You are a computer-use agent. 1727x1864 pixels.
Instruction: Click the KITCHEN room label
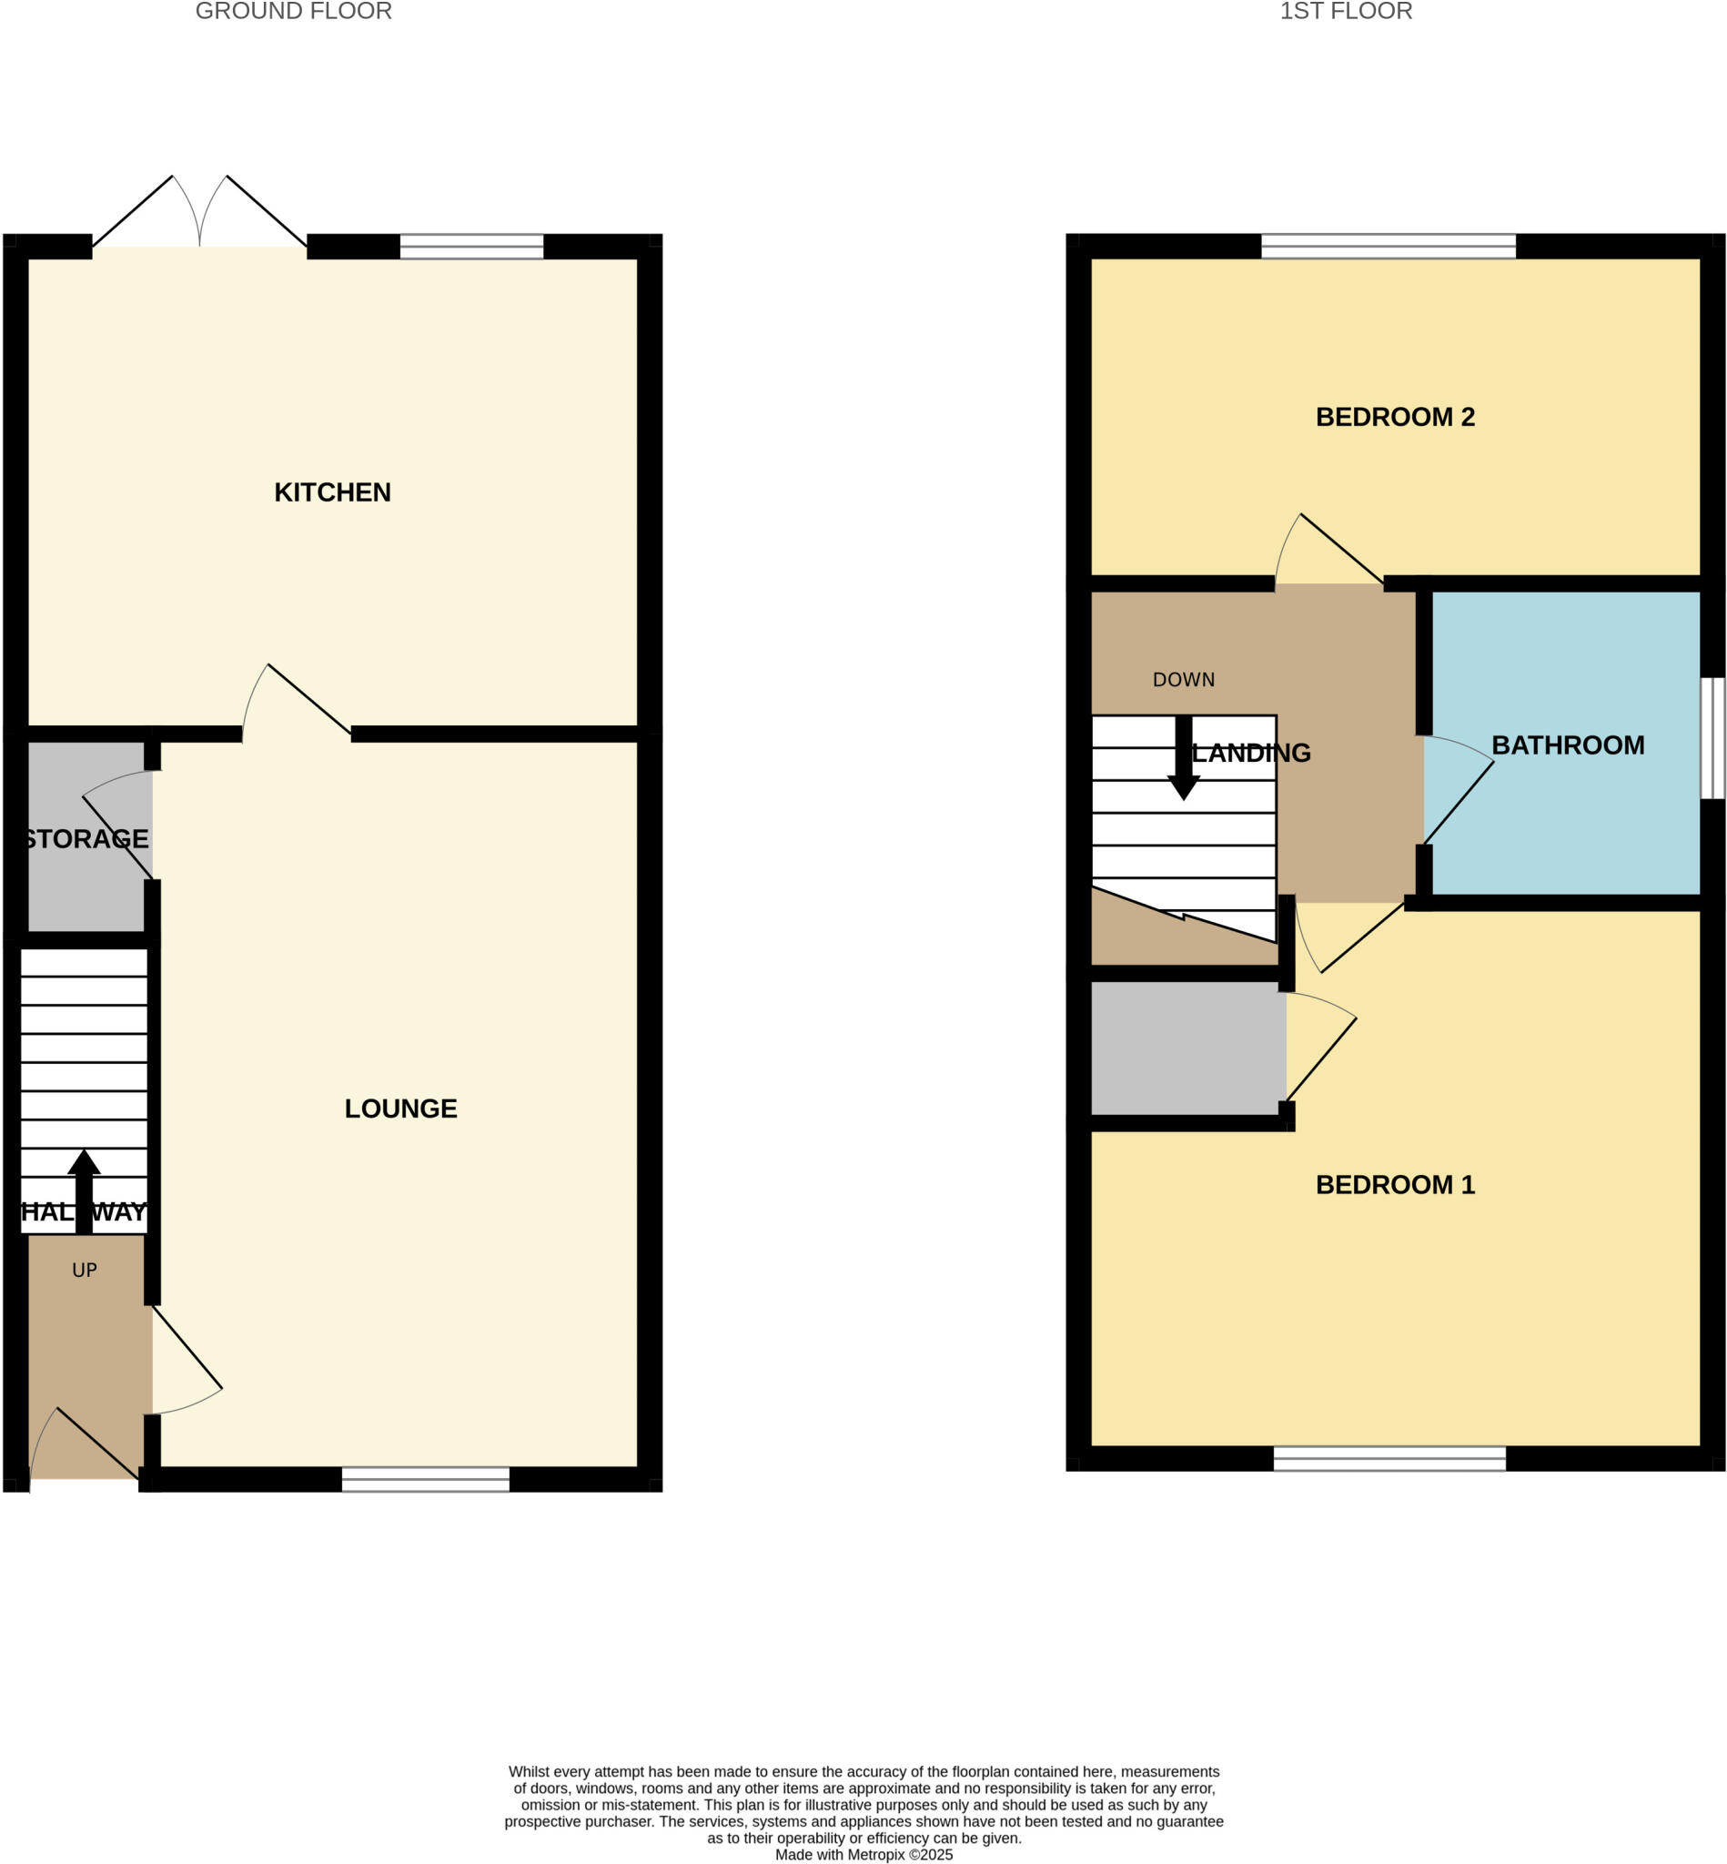pos(332,492)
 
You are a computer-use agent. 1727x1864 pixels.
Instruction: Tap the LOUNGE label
pos(401,1109)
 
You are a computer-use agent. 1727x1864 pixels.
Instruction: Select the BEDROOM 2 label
pos(1394,417)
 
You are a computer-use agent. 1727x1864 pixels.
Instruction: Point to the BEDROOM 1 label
pos(1394,1185)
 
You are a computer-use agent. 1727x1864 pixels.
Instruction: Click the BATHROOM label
pos(1567,746)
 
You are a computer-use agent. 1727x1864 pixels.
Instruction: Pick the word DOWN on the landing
pos(1183,681)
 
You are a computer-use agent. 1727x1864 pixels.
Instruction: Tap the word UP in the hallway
pos(84,1271)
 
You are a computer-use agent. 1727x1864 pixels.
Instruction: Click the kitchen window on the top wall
pos(471,247)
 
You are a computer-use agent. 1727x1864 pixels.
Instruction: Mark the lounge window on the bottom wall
pos(425,1480)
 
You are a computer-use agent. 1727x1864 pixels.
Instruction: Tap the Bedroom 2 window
pos(1388,247)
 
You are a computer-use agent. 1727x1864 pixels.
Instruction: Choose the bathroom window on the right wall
pos(1712,738)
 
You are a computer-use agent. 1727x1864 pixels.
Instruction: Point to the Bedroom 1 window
pos(1389,1458)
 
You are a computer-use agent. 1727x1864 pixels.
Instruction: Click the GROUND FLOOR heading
pos(293,11)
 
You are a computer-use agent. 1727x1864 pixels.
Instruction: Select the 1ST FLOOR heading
pos(1345,11)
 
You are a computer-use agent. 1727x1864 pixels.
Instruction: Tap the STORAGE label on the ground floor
pos(86,839)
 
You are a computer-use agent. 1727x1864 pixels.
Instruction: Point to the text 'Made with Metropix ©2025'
pos(863,1855)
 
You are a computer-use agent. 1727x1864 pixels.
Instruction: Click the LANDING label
pos(1251,754)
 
